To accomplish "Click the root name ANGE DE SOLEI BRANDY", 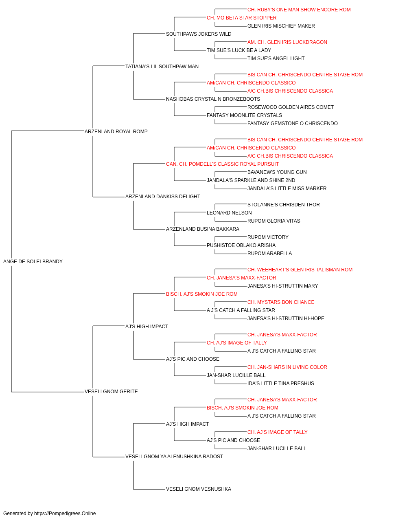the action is pos(33,262).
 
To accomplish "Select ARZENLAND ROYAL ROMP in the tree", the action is pos(116,132).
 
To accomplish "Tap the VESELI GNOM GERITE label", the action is pos(111,392).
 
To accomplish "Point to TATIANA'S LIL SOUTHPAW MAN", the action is pos(162,67).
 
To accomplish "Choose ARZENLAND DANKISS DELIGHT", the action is pos(163,197).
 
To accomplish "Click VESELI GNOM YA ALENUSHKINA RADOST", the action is pos(174,457).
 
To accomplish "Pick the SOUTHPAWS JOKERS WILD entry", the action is pos(199,34).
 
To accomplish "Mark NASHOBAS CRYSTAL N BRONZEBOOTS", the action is pos(213,99).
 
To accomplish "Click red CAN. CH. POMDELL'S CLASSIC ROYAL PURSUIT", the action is pos(223,164).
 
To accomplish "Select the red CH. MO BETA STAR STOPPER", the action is pos(242,18).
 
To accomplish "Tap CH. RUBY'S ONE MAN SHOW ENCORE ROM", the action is pos(299,10).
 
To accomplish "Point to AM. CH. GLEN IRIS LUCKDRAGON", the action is pos(287,42).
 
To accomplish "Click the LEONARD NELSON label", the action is pos(229,213).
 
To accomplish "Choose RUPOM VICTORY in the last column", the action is pos(268,237).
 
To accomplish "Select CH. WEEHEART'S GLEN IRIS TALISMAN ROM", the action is pos(300,270).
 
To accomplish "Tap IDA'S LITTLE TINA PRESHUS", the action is pos(281,383).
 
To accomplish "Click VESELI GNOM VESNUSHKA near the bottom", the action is pos(199,489).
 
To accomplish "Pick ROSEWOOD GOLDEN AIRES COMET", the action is pos(291,107).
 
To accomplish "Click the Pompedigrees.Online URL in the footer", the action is pos(65,513).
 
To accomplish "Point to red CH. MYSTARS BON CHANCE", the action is pos(281,302).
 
